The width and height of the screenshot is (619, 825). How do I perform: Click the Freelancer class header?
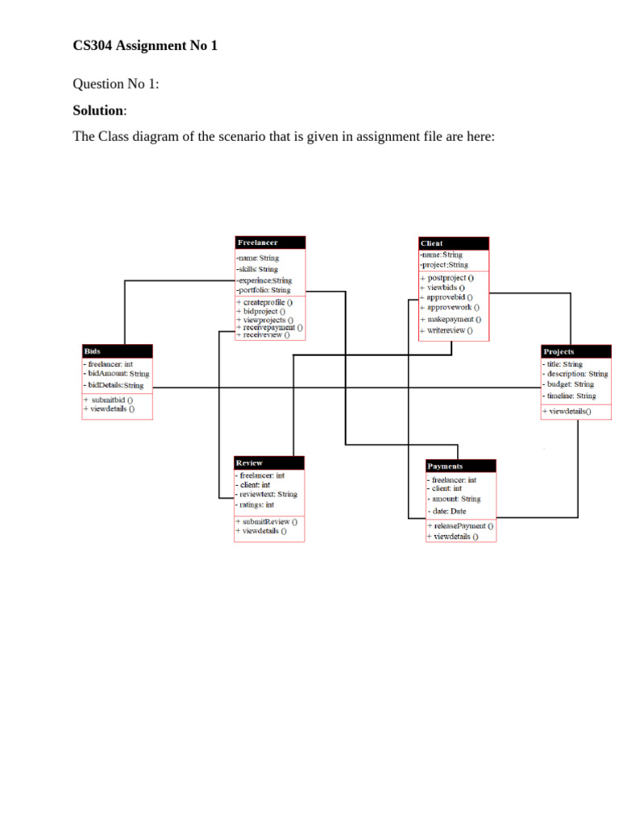click(x=270, y=243)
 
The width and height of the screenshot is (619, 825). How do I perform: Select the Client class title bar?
click(x=454, y=243)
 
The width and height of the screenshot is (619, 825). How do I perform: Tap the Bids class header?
click(x=117, y=351)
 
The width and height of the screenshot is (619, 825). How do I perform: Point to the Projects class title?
click(x=575, y=352)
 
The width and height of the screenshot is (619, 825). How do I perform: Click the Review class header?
click(x=269, y=463)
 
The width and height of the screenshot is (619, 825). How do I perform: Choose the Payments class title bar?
click(x=460, y=466)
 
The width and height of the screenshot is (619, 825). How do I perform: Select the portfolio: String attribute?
click(x=264, y=290)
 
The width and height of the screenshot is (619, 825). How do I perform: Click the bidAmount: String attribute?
click(x=118, y=374)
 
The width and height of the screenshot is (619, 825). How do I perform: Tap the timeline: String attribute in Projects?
click(x=571, y=396)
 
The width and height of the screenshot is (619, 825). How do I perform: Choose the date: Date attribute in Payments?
click(x=449, y=511)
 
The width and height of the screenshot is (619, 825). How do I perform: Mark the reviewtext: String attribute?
click(x=268, y=495)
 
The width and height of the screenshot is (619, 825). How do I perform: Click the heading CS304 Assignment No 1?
click(x=145, y=46)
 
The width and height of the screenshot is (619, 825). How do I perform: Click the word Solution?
click(x=98, y=110)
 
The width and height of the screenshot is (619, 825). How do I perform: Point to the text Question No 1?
click(x=116, y=84)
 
